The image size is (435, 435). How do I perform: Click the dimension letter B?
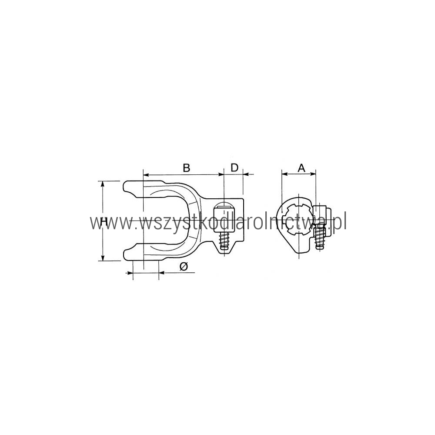point(187,168)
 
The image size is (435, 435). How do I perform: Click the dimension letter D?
point(235,167)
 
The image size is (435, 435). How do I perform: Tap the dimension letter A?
point(301,168)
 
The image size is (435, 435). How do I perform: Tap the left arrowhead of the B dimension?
point(146,175)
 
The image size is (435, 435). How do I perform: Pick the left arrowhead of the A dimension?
point(284,174)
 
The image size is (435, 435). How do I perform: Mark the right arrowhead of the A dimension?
point(313,174)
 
